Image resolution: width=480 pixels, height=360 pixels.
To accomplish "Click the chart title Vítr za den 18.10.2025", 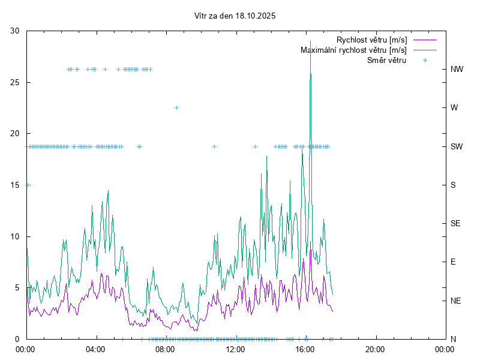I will (235, 16).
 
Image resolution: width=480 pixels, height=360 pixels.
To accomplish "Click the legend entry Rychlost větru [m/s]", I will (371, 40).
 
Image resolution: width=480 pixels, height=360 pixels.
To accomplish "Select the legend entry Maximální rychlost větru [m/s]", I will (353, 50).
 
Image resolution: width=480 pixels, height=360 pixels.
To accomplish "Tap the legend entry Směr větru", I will (386, 60).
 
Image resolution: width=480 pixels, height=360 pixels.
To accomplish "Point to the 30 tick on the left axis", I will (15, 31).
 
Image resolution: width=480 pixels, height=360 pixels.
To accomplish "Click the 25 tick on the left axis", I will (15, 82).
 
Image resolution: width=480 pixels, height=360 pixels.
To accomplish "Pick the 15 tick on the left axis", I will (15, 185).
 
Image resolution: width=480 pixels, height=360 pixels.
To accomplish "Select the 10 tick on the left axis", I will (15, 236).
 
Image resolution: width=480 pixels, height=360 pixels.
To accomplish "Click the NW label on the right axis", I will (457, 69).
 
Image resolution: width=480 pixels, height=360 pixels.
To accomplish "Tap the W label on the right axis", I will (454, 108).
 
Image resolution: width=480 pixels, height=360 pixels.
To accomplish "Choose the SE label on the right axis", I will (455, 223).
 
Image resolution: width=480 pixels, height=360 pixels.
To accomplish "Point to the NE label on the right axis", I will (455, 301).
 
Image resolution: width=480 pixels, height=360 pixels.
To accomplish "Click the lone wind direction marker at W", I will (176, 107).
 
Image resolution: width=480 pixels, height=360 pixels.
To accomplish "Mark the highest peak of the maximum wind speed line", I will (310, 51).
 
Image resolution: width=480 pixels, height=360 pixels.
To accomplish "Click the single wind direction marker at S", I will (28, 185).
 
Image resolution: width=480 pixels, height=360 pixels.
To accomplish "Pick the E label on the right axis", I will (453, 262).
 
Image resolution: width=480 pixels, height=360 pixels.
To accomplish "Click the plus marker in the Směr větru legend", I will (425, 60).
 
